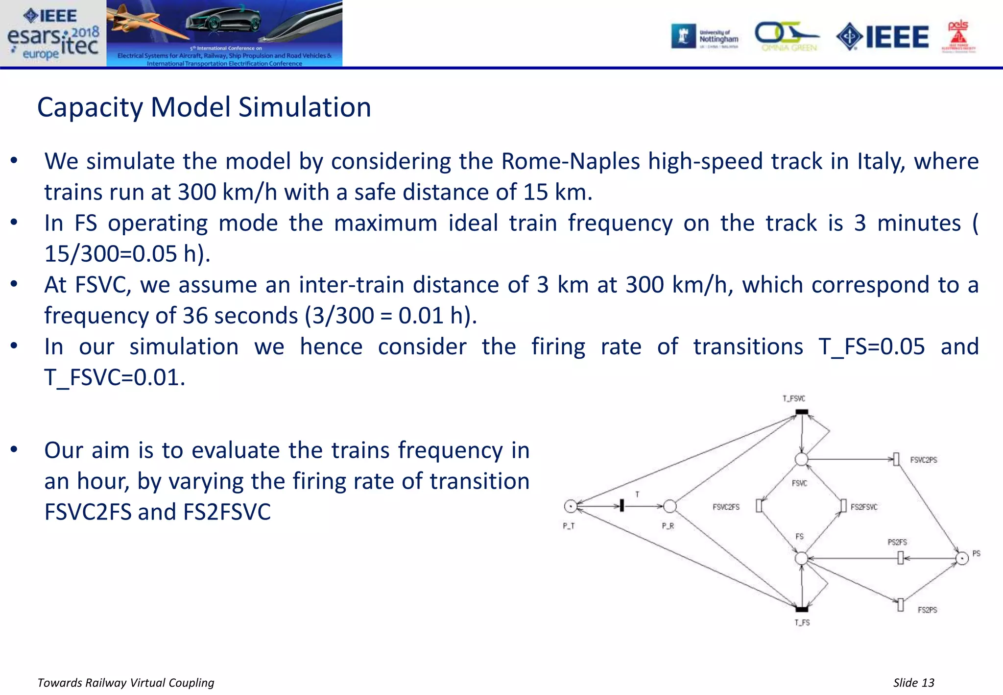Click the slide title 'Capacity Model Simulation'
pos(204,107)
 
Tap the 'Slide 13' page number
pos(913,683)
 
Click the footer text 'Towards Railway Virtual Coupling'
pos(126,683)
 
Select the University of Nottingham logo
pos(705,37)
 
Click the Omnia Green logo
pos(787,37)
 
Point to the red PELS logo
pos(958,37)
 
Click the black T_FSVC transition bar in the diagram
pos(802,412)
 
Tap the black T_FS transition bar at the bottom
pos(802,609)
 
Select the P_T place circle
pos(571,506)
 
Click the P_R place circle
pos(669,506)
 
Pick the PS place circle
pos(962,558)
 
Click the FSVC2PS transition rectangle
pos(896,459)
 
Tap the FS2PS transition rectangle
pos(900,605)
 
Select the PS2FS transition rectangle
pos(900,558)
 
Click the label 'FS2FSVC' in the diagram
pos(864,507)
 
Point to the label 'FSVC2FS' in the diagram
pos(726,507)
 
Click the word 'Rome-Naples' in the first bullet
pos(570,161)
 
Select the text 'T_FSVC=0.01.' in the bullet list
pos(115,377)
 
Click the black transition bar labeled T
pos(621,505)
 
